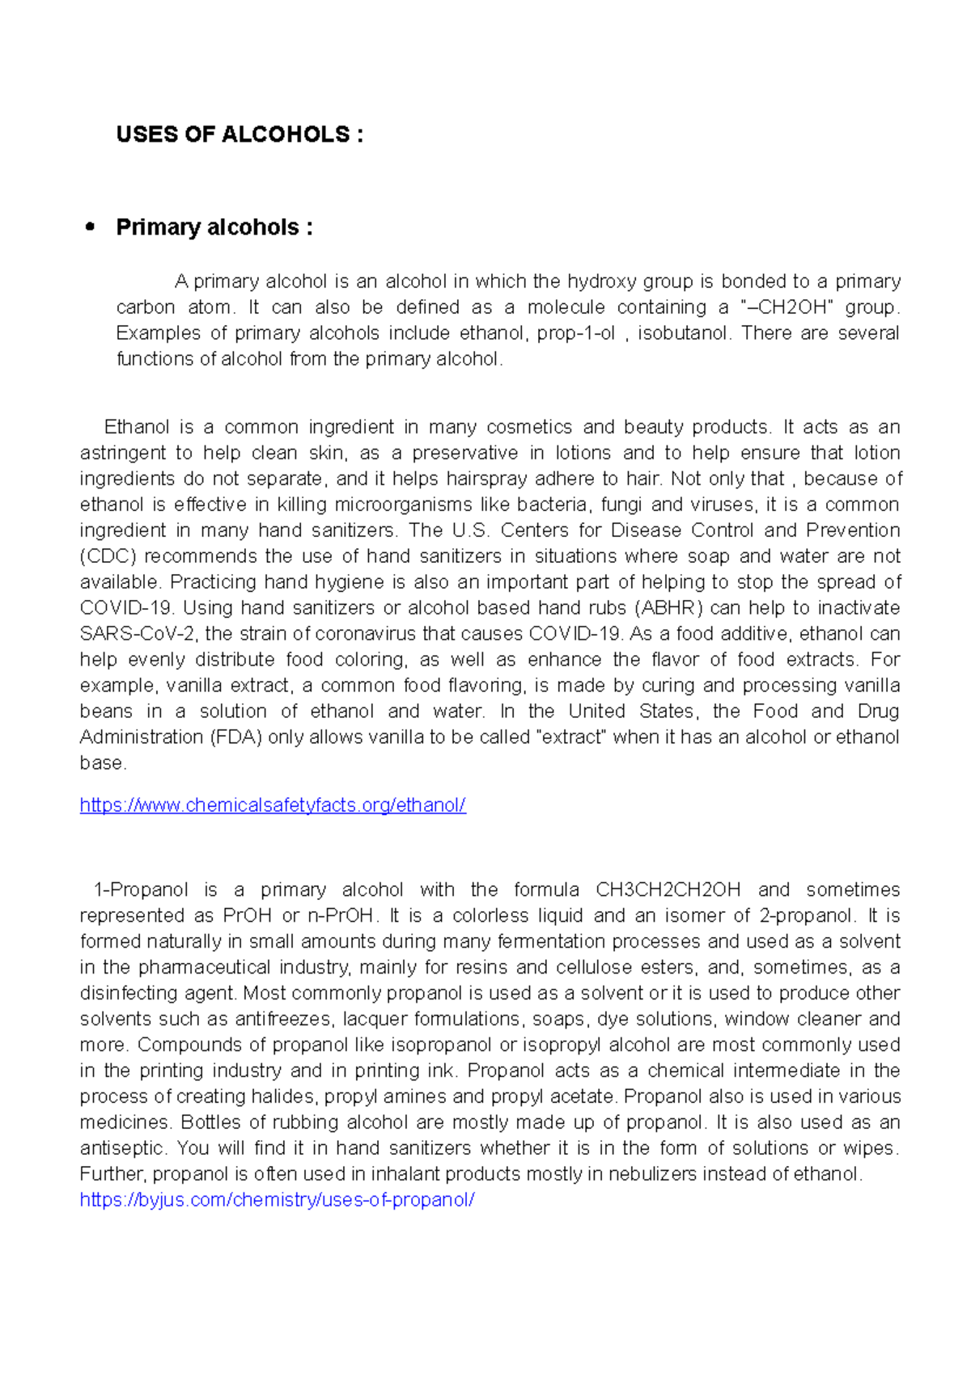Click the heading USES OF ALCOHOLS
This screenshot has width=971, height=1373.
coord(240,134)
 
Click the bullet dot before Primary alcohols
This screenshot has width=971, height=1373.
coord(91,227)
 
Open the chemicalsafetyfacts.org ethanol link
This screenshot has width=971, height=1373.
coord(273,805)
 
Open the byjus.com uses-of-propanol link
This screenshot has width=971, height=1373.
coord(277,1200)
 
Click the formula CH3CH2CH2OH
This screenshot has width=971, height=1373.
coord(668,890)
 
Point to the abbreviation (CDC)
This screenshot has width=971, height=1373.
coord(108,556)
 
